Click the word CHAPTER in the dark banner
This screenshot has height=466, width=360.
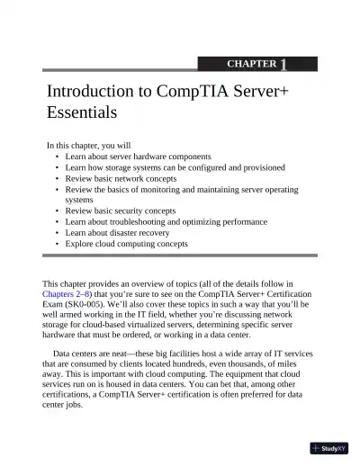pyautogui.click(x=251, y=65)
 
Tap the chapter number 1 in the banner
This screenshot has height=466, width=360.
pyautogui.click(x=283, y=64)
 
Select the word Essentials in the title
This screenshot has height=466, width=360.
pyautogui.click(x=82, y=114)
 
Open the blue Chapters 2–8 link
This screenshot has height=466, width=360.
pyautogui.click(x=73, y=293)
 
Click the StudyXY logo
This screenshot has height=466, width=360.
pyautogui.click(x=330, y=447)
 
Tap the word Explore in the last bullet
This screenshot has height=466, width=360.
pyautogui.click(x=81, y=243)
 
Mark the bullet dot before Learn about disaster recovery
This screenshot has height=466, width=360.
pyautogui.click(x=58, y=232)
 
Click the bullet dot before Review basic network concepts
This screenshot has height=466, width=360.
pyautogui.click(x=58, y=178)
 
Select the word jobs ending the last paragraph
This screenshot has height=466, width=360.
pyautogui.click(x=74, y=404)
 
